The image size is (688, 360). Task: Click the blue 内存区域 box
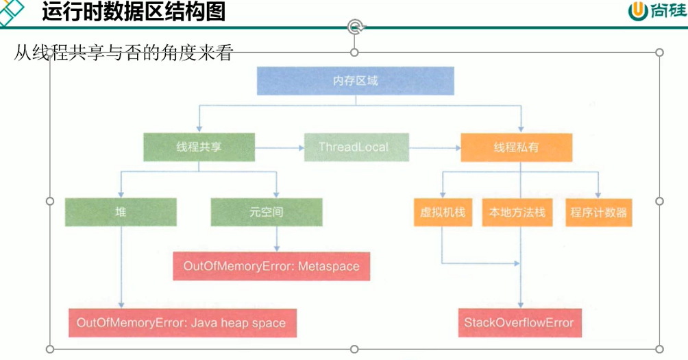[355, 81]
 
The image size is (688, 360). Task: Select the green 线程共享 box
[199, 147]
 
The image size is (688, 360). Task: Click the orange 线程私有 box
[516, 147]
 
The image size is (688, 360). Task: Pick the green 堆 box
[121, 212]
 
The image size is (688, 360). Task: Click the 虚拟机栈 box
[442, 213]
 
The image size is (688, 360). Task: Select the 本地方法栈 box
[517, 213]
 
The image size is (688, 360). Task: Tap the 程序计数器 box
[598, 213]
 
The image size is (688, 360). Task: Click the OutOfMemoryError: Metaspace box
[271, 266]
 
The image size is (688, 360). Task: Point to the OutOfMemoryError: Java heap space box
[182, 323]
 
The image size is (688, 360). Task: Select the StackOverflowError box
[519, 323]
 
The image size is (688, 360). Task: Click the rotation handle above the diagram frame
[354, 27]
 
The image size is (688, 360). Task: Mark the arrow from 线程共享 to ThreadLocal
[280, 147]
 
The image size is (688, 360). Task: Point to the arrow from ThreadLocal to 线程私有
[434, 147]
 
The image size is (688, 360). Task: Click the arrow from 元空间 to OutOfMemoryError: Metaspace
[277, 239]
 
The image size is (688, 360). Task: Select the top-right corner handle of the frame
[659, 53]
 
